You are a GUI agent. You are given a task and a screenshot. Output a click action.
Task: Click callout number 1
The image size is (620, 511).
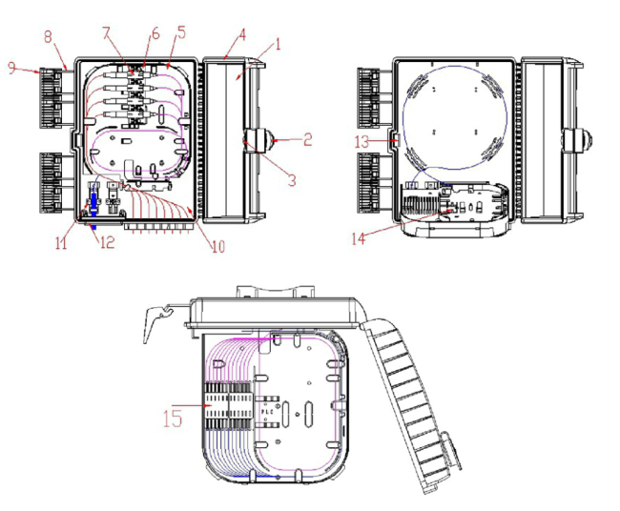tap(278, 44)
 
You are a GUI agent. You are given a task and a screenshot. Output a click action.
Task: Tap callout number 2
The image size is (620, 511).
tap(307, 139)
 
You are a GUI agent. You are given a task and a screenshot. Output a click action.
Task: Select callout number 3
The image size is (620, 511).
tap(292, 180)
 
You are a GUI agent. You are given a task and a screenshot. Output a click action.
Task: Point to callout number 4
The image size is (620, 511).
tap(242, 34)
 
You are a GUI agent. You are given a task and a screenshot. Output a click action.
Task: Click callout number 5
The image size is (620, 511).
tap(181, 32)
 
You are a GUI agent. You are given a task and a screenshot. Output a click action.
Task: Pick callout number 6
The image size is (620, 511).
tap(155, 33)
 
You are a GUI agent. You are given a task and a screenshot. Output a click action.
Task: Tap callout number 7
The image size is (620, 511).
tap(106, 33)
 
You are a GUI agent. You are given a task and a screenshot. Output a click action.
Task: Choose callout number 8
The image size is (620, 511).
tap(48, 37)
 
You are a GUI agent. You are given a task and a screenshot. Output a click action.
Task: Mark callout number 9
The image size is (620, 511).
tap(12, 69)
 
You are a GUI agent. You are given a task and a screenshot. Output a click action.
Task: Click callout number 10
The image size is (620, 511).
tap(218, 246)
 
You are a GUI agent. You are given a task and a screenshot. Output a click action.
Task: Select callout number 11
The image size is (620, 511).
tap(61, 243)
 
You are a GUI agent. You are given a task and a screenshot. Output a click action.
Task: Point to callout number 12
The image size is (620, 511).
tap(107, 242)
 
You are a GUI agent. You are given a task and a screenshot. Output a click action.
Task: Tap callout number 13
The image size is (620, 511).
tap(362, 142)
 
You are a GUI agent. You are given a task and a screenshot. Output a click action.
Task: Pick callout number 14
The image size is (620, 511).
tap(359, 238)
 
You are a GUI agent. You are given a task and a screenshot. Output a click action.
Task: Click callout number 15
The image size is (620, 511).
tap(173, 419)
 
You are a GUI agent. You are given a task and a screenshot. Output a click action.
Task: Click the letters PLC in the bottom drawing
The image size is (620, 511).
tap(267, 412)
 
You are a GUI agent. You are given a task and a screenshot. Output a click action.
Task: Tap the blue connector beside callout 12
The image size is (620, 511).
tap(93, 206)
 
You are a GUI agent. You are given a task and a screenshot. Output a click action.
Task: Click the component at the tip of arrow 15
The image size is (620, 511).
tap(229, 406)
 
